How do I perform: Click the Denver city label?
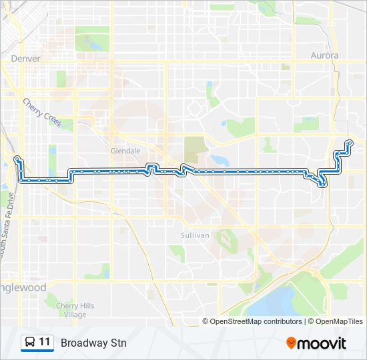click(26, 59)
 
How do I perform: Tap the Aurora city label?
click(325, 55)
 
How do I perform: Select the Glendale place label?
click(125, 151)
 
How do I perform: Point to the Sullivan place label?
click(196, 235)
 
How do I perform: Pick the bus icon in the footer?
click(30, 343)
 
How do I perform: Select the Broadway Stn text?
click(93, 343)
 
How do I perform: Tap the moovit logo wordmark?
click(322, 343)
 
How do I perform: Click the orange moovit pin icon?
click(291, 343)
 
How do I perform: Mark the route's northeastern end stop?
click(350, 141)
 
